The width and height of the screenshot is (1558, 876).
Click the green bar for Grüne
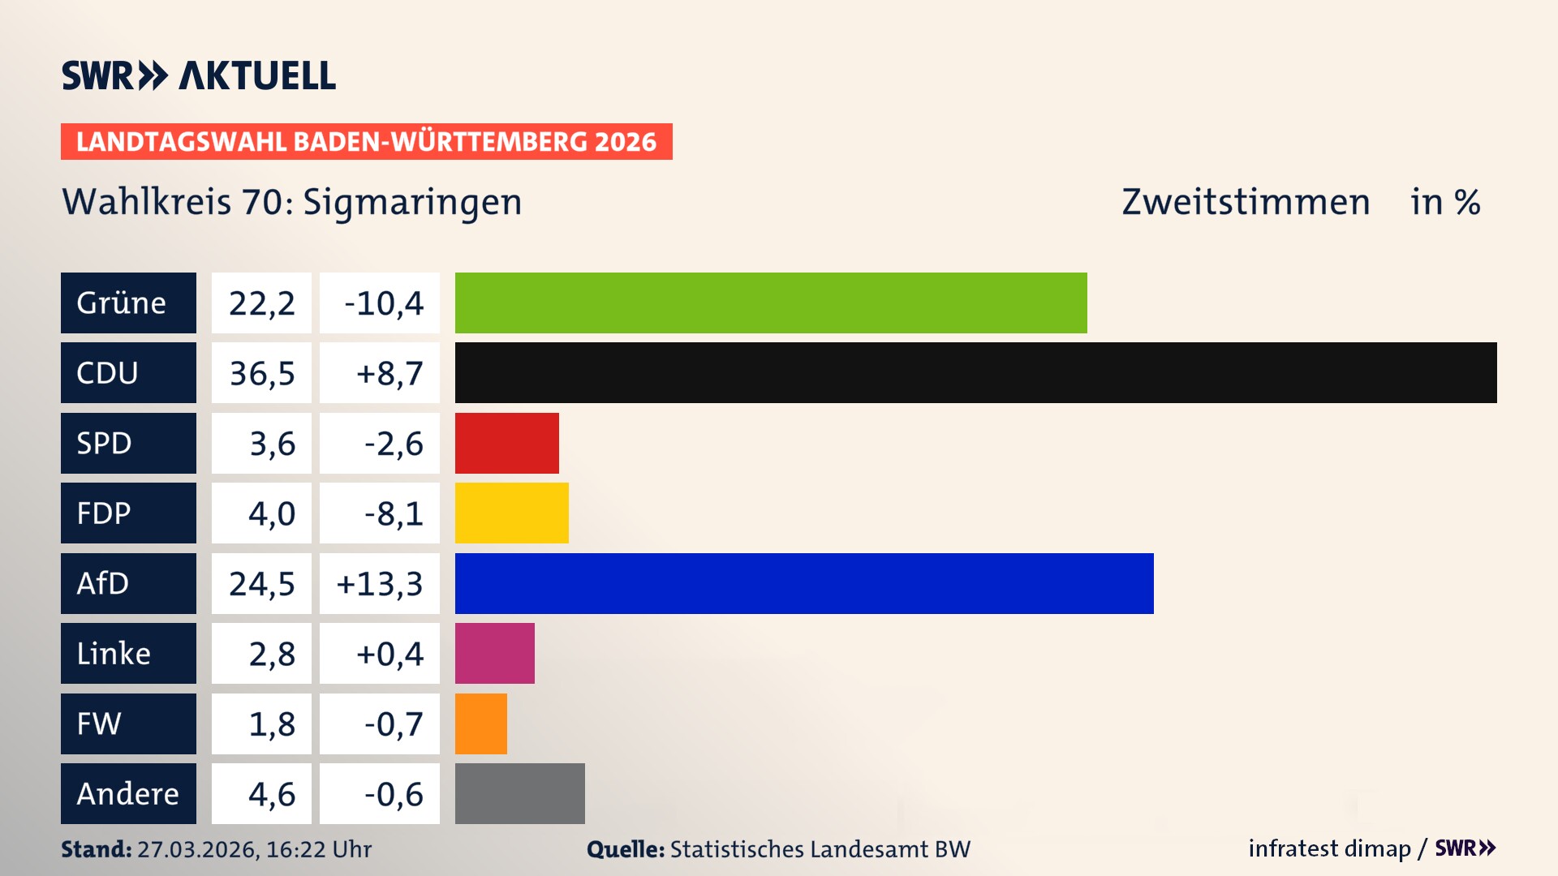[x=771, y=303]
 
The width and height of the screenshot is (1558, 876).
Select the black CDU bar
[x=975, y=372]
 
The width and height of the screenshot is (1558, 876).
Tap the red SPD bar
[x=506, y=443]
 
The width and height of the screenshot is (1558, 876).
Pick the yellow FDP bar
[x=511, y=513]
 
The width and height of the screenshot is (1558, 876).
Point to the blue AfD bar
[x=803, y=583]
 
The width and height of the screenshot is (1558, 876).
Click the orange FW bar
[x=480, y=724]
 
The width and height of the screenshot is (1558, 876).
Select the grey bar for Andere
[x=519, y=793]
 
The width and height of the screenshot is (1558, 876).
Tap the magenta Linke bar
[x=494, y=653]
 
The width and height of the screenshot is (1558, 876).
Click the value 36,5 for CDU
[x=261, y=373]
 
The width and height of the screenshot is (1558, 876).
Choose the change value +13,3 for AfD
[x=379, y=584]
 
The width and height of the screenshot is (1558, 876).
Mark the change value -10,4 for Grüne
[x=383, y=303]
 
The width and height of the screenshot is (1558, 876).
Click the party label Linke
[x=114, y=654]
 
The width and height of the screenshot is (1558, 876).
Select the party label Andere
[x=127, y=794]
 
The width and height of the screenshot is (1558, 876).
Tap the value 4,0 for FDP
[x=271, y=513]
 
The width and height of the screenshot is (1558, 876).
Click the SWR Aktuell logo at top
[x=199, y=75]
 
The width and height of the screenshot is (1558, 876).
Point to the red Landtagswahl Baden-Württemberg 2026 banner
[x=366, y=141]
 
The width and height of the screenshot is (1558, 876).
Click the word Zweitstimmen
[x=1246, y=202]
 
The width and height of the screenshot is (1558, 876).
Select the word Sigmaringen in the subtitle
[x=412, y=203]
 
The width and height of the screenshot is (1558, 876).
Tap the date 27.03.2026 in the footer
[x=197, y=849]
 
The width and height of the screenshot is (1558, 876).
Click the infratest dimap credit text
[x=1329, y=848]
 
